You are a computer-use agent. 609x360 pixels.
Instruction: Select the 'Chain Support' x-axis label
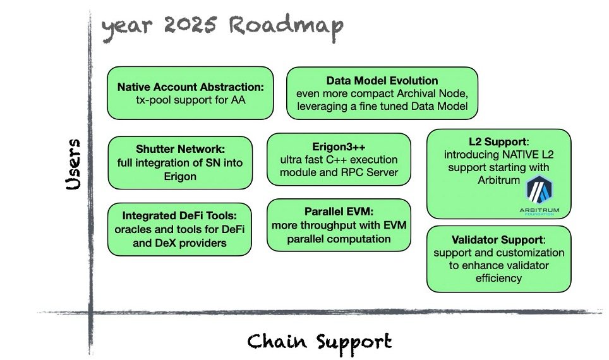(319, 342)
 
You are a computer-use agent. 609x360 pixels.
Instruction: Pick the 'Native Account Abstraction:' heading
(190, 87)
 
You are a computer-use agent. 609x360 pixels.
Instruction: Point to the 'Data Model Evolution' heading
(382, 81)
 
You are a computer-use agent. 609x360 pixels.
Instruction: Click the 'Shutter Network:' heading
(180, 149)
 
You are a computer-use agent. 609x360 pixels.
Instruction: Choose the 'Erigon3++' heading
(339, 147)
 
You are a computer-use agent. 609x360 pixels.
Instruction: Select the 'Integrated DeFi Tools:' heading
(179, 216)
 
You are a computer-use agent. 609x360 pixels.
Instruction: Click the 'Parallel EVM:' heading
(339, 212)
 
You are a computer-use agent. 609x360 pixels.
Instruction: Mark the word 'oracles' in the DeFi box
(133, 229)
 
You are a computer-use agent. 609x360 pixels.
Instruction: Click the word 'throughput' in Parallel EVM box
(332, 225)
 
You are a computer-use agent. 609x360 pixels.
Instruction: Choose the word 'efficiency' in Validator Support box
(498, 278)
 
